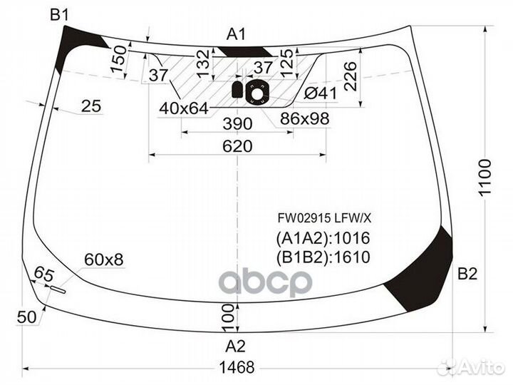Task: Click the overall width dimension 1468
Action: tap(237, 367)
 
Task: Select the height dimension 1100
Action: tap(484, 178)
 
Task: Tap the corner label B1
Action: tap(59, 15)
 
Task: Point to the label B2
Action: tap(467, 274)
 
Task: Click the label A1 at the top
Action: tap(236, 34)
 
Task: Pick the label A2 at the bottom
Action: tap(235, 346)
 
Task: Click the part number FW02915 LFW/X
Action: tap(325, 218)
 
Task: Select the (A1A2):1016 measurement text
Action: tap(323, 238)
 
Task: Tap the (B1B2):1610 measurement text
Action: tap(323, 257)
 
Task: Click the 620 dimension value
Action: tap(237, 146)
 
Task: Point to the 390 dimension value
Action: tap(237, 124)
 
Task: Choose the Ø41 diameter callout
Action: tap(321, 94)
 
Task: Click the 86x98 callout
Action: tap(305, 118)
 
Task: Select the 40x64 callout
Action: tap(184, 108)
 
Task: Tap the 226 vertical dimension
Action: tap(351, 76)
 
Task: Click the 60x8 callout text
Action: tap(104, 260)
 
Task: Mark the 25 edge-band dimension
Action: tap(91, 106)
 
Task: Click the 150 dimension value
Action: tap(118, 59)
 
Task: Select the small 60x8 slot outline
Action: tap(58, 289)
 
